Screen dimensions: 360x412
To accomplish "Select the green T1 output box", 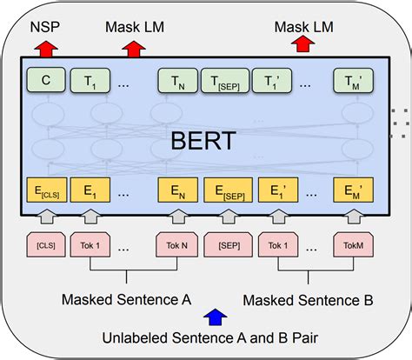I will click(88, 82).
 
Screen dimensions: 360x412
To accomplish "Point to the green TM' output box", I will click(352, 82).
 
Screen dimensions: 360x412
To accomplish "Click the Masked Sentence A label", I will click(126, 300).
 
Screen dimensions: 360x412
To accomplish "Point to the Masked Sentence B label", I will click(308, 300).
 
